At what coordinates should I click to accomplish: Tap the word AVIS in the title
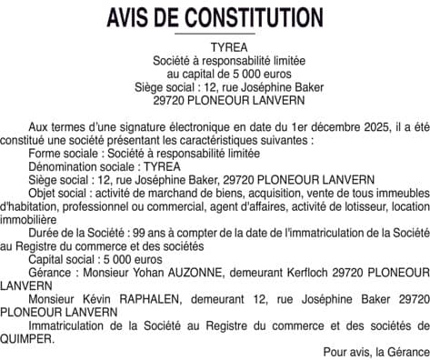click(x=131, y=16)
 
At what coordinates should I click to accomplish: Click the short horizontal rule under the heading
click(x=215, y=34)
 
